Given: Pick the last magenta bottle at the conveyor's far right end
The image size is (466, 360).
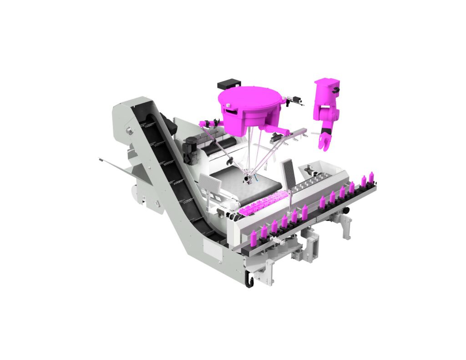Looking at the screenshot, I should click(x=371, y=177).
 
